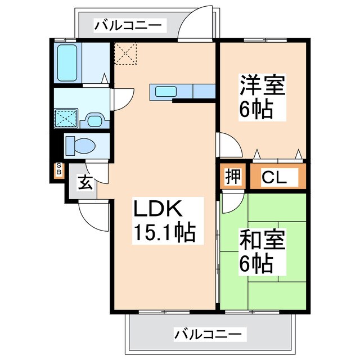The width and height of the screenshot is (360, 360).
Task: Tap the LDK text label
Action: click(x=157, y=210)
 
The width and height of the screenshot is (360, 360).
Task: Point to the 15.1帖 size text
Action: click(x=163, y=232)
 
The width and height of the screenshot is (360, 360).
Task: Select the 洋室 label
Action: click(x=263, y=86)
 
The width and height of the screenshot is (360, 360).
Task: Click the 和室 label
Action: click(x=263, y=241)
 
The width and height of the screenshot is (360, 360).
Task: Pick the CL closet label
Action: click(x=275, y=177)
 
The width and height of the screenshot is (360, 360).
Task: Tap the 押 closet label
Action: click(x=233, y=177)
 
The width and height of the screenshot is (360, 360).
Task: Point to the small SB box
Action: click(x=58, y=170)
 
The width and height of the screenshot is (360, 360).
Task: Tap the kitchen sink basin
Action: click(x=166, y=91)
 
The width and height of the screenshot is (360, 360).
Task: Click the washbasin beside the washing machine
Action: click(x=93, y=119)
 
